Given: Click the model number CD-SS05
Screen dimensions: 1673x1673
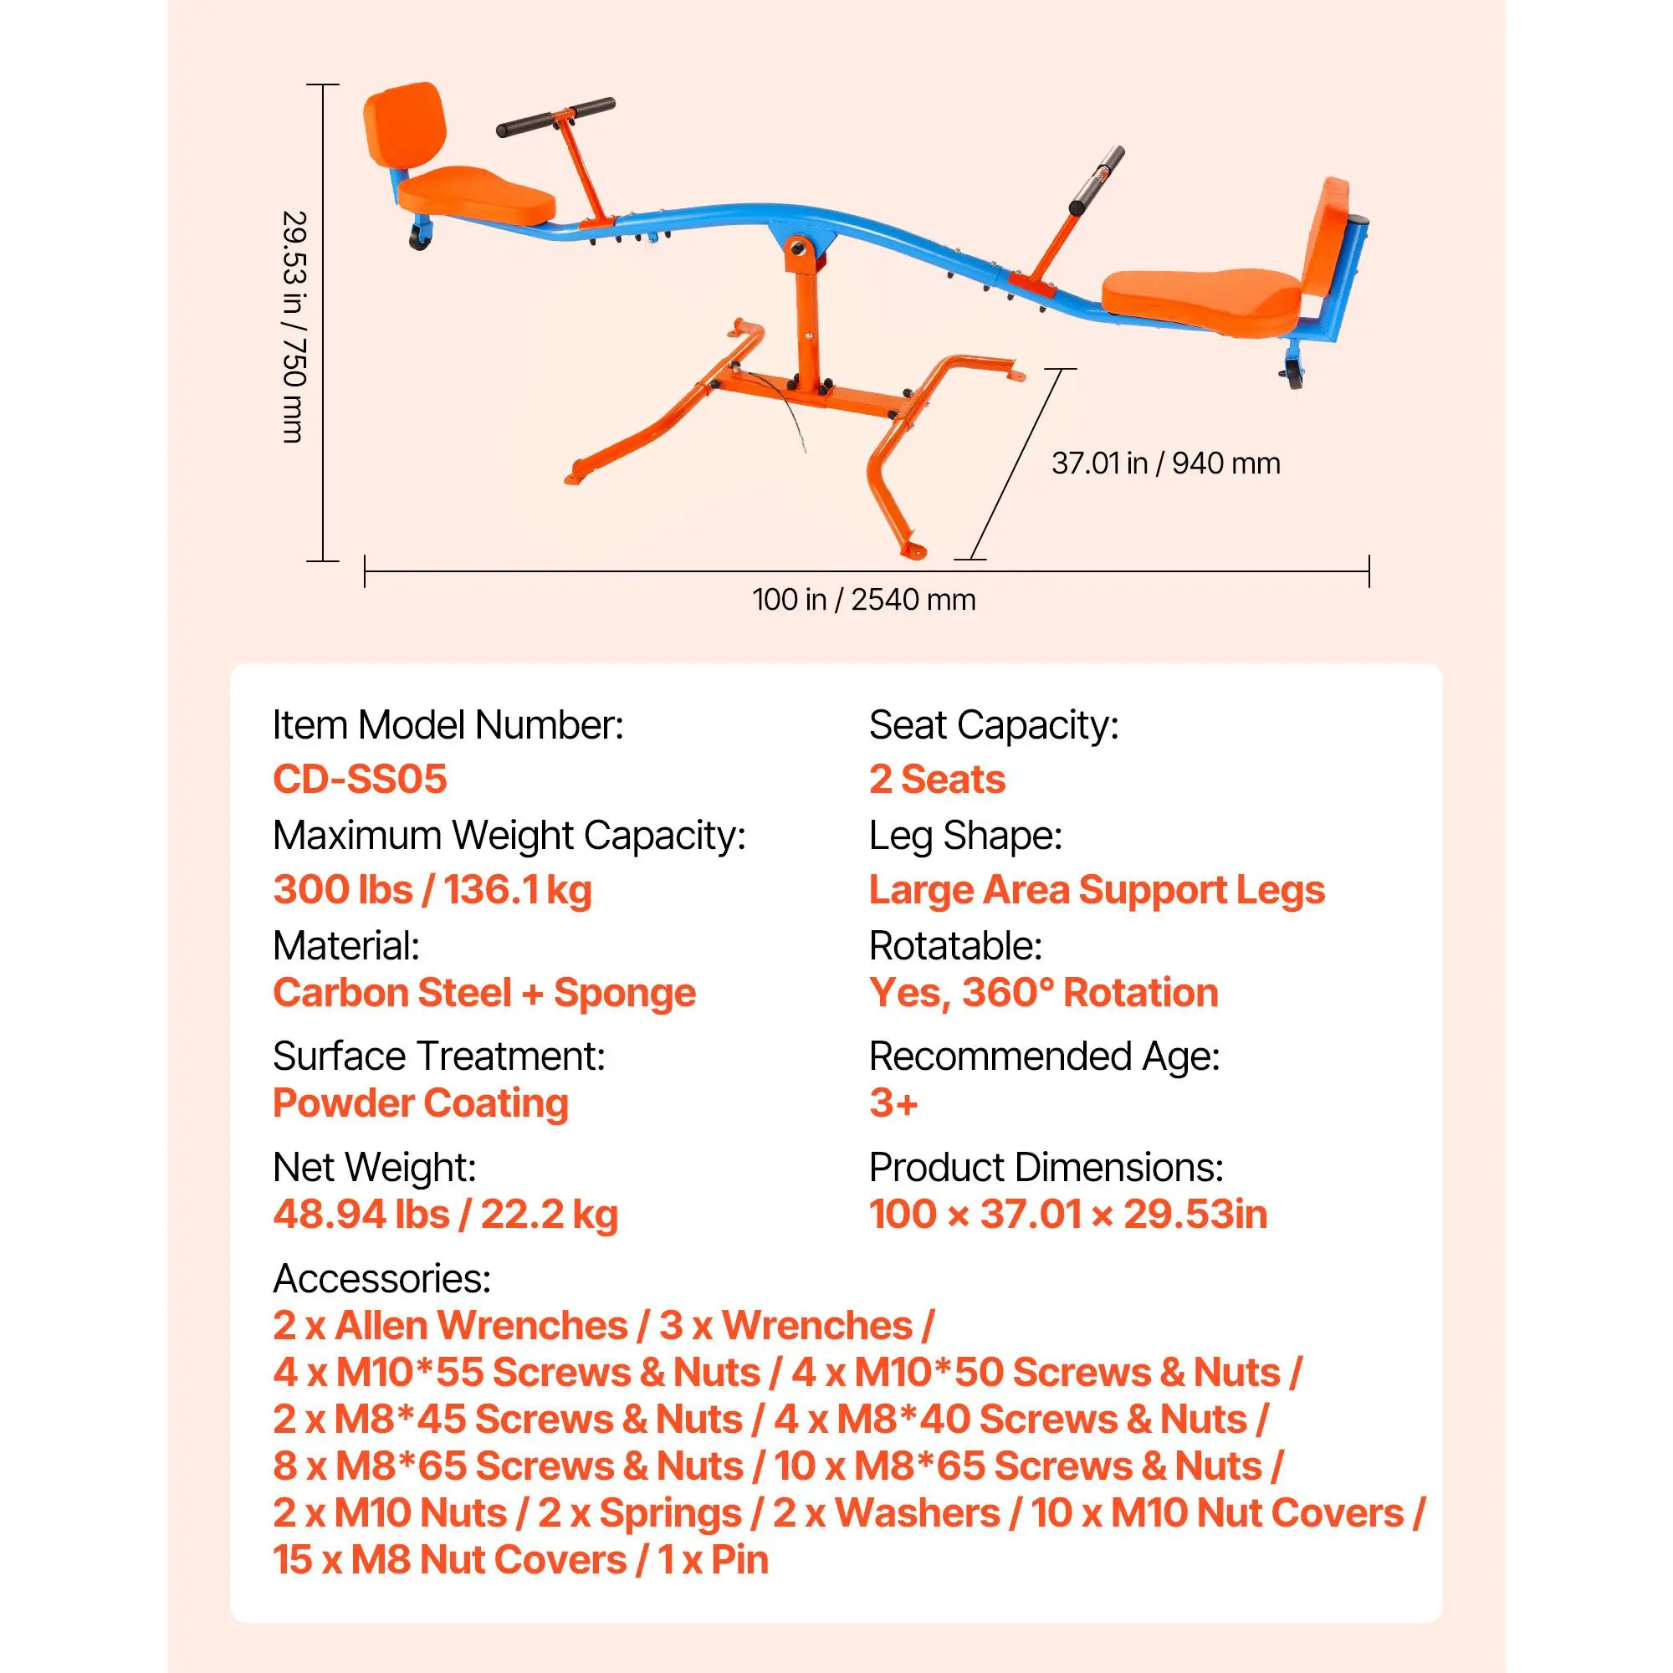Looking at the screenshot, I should pos(360,779).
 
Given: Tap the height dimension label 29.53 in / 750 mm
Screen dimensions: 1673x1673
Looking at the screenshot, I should pos(294,326).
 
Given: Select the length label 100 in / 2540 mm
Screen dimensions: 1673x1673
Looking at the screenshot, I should pos(863,599).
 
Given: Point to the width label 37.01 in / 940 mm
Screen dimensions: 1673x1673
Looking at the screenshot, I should pos(1165,463).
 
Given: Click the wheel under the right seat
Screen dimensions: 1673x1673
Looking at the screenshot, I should pos(1295,375).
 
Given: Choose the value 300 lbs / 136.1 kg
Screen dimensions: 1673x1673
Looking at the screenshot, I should pos(432,889).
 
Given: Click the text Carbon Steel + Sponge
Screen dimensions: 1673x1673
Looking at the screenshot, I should pos(484,992).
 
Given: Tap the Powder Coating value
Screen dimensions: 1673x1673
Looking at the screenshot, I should pos(421,1103).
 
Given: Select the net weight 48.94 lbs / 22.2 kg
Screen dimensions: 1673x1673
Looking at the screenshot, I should pos(445,1214).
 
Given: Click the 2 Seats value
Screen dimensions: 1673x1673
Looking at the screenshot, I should pos(937,779).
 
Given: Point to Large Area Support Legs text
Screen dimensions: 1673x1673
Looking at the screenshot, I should pos(1097,889).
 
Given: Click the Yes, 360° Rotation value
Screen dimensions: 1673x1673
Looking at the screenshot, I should pos(1043,992).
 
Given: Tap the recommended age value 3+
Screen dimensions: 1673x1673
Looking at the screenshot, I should pos(893,1103).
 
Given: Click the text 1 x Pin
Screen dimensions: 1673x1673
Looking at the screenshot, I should pos(713,1559).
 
